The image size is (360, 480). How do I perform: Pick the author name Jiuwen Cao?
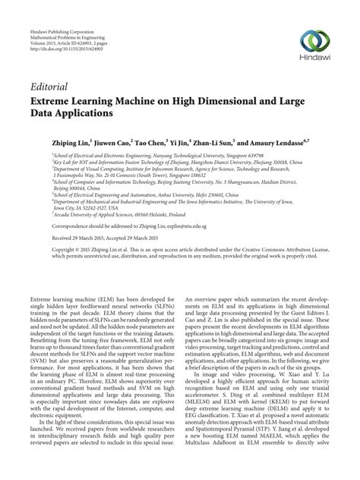111,141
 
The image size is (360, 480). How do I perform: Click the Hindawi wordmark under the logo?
317,59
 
